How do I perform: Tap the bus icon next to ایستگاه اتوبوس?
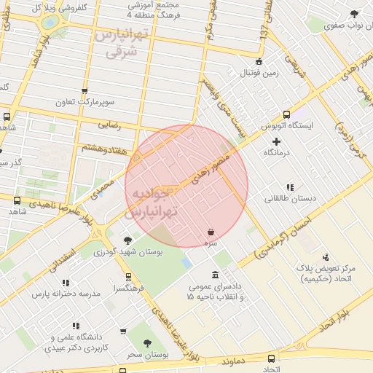tap(286, 114)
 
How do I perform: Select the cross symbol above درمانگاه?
tap(276, 141)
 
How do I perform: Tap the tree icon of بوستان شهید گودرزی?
tap(128, 240)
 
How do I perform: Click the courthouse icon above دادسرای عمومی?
tap(214, 275)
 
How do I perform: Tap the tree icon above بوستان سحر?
tap(147, 343)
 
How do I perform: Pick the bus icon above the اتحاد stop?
tap(272, 358)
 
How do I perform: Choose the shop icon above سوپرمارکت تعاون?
tap(85, 92)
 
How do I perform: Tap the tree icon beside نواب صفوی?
tap(354, 14)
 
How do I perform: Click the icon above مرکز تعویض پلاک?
tap(325, 256)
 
